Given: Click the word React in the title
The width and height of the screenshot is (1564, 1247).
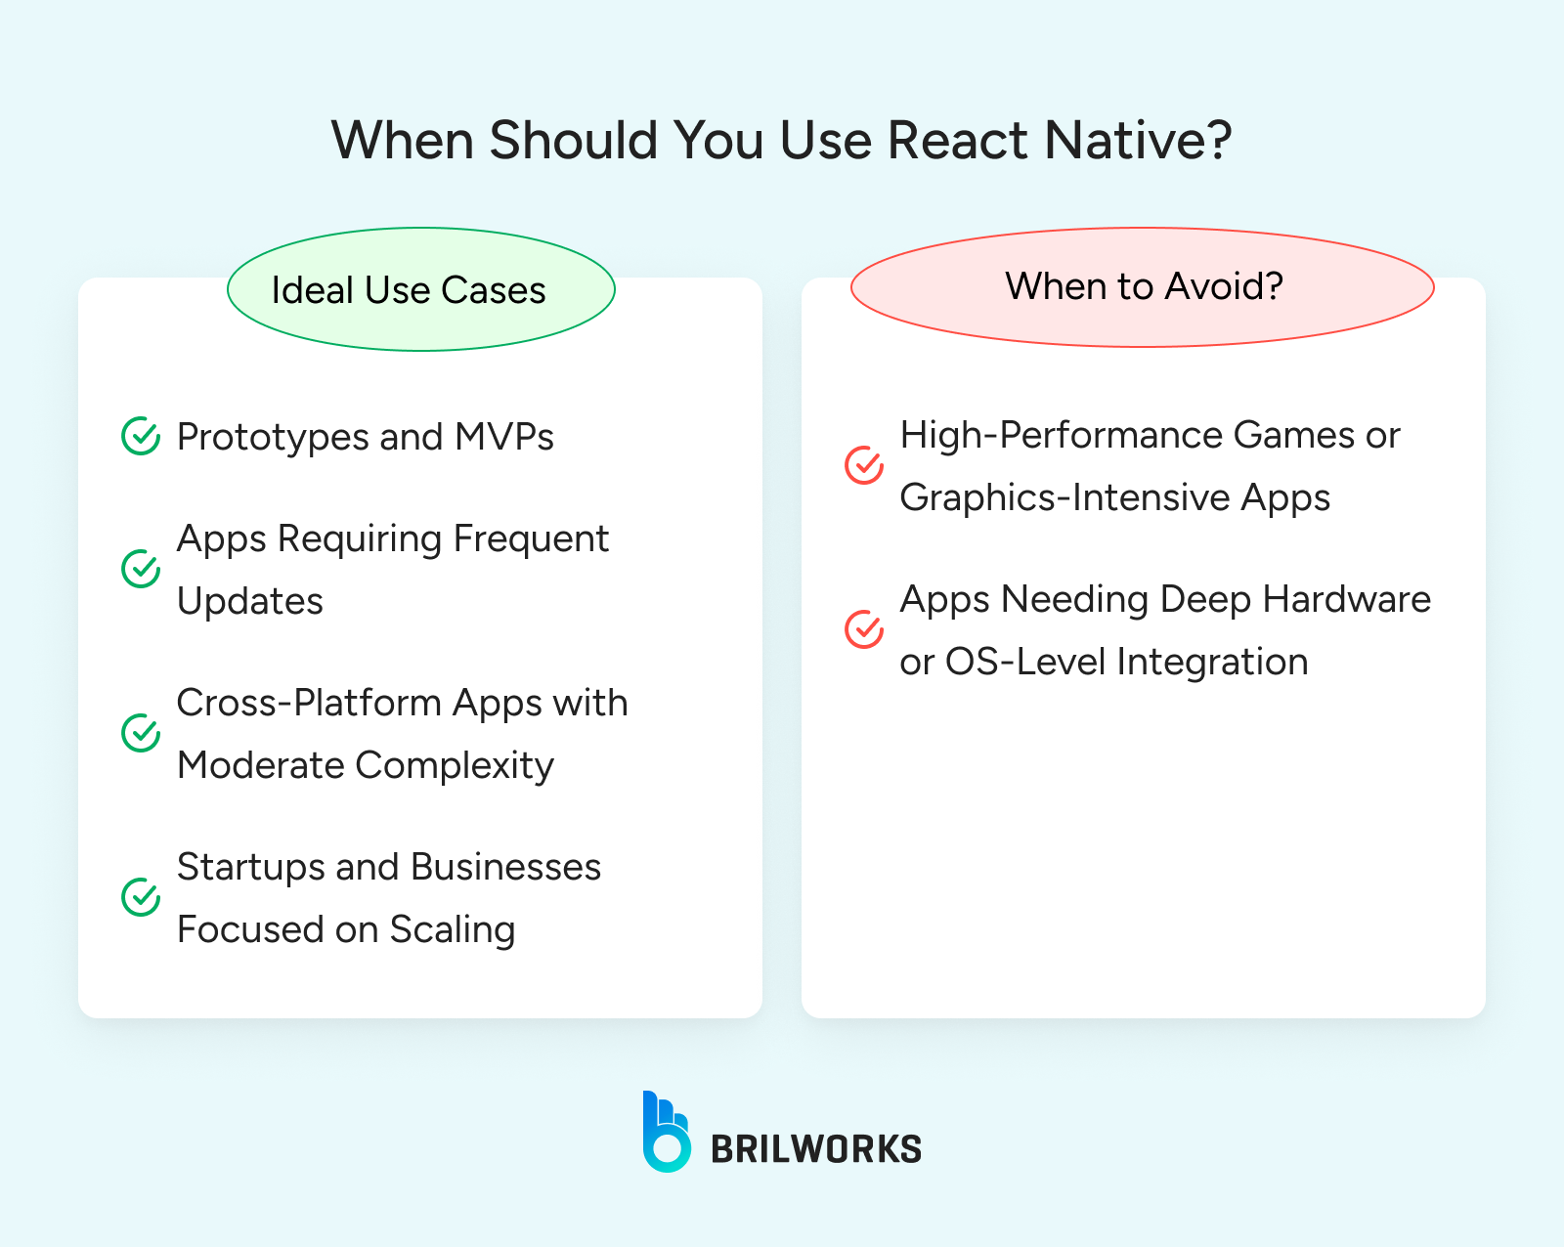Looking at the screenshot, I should click(958, 140).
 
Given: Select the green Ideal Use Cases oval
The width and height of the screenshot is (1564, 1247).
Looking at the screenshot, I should click(421, 289).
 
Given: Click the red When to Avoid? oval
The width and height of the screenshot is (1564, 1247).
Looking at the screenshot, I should click(1142, 286).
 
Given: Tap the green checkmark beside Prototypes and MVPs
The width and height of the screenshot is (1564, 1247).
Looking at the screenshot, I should click(141, 437).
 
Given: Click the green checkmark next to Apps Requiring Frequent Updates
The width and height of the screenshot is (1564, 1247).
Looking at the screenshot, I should click(141, 569).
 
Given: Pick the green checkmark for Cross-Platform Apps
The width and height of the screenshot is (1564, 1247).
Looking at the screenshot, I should click(141, 733).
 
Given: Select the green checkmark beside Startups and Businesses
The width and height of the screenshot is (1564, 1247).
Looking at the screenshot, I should click(141, 897).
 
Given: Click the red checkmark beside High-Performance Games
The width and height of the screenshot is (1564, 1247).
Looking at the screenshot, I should click(864, 466).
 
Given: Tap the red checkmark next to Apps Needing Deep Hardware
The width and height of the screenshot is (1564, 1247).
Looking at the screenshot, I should click(864, 630).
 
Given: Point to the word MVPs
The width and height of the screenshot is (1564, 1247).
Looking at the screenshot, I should click(504, 437).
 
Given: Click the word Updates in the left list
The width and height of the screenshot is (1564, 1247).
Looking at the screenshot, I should click(250, 602).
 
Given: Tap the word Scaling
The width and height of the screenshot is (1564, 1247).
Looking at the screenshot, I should click(452, 930).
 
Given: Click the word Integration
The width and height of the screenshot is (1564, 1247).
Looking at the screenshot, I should click(1211, 663).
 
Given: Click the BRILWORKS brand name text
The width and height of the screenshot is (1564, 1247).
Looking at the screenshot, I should click(816, 1149).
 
